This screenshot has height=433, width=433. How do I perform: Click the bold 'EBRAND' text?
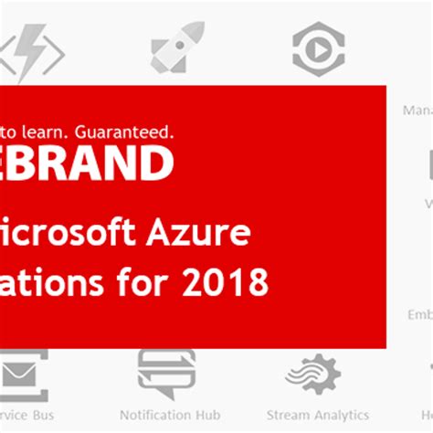87,164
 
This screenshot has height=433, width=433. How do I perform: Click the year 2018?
227,282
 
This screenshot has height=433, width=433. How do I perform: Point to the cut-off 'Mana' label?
417,110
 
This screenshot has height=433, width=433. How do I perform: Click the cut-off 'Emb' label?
419,315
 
